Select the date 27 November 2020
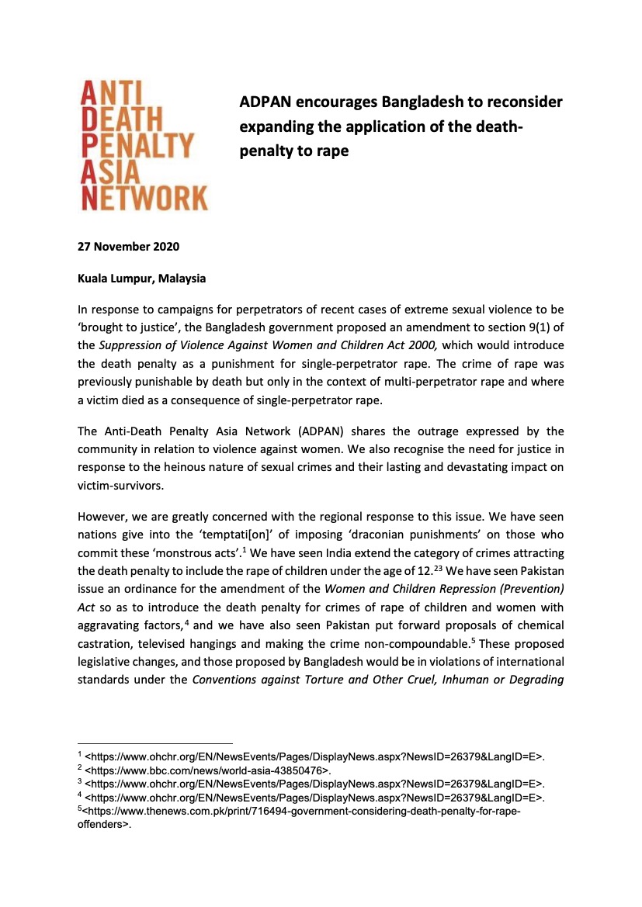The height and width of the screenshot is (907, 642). click(x=128, y=248)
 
